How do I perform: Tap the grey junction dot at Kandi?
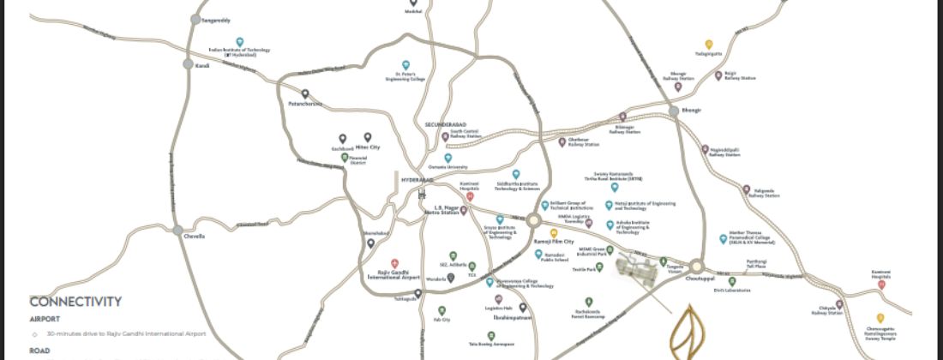188,64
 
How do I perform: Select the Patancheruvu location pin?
304,93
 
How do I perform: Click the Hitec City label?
368,147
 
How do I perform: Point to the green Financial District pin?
345,158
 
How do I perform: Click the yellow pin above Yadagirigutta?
709,44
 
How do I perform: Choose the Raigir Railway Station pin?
718,75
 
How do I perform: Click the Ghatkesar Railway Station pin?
562,141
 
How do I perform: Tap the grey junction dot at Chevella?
177,231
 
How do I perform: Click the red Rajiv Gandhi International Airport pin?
394,262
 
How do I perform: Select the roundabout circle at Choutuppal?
696,267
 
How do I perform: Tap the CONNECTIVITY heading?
75,302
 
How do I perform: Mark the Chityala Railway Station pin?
839,303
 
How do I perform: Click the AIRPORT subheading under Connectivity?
45,318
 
